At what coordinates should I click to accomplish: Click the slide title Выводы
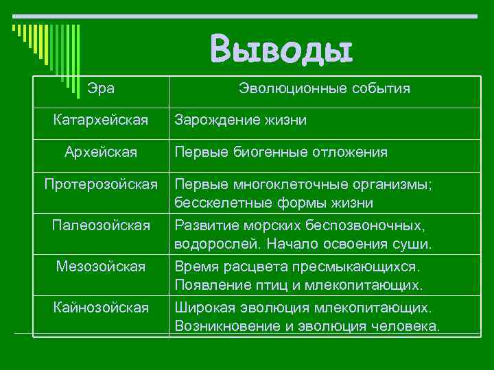pos(281,49)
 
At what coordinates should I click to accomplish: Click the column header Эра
pos(102,88)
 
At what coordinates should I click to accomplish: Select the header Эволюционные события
pos(324,88)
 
